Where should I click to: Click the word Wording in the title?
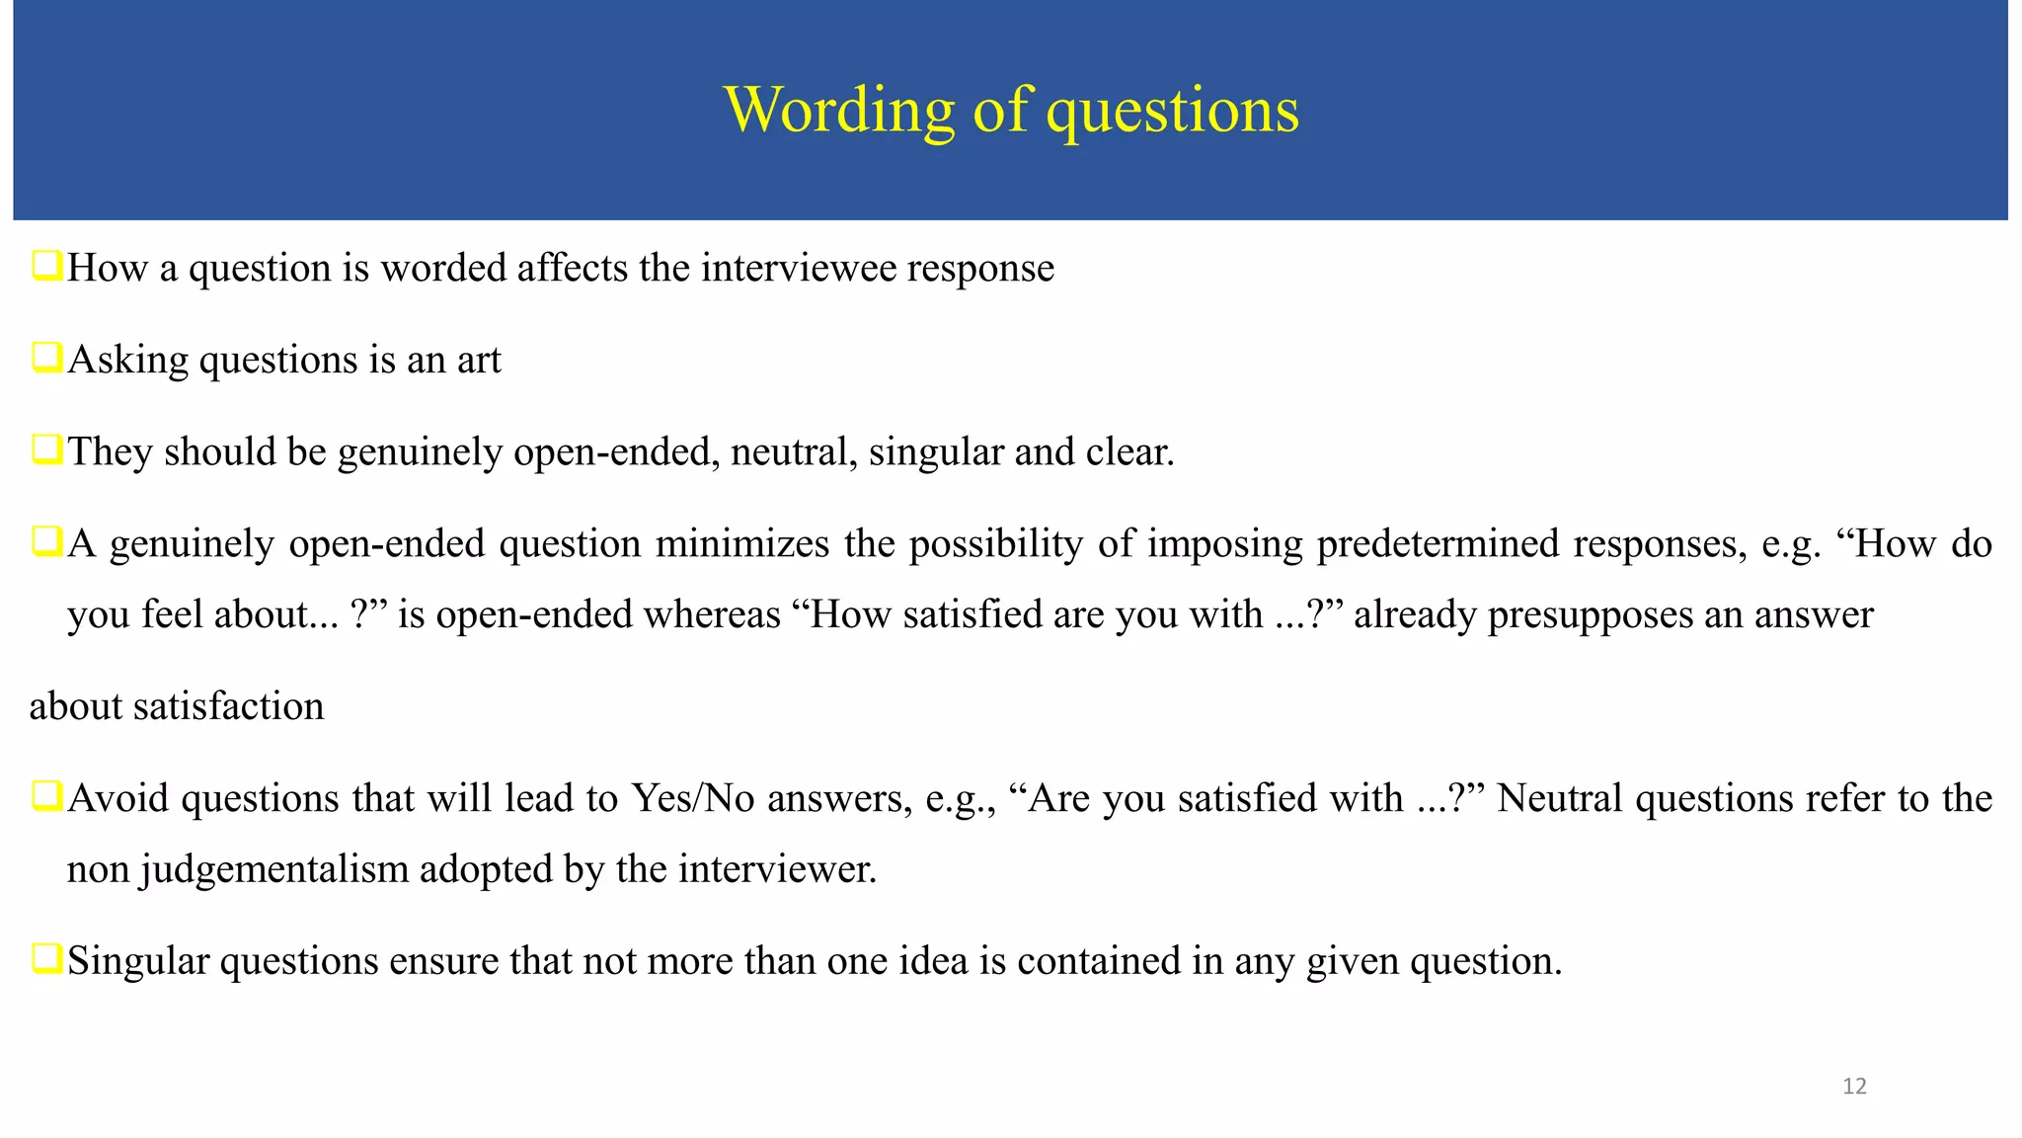839,110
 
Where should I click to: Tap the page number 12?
1854,1087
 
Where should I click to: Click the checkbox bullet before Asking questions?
46,358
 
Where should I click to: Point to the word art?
479,361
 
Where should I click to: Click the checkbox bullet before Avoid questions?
46,795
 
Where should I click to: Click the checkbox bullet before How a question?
46,266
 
